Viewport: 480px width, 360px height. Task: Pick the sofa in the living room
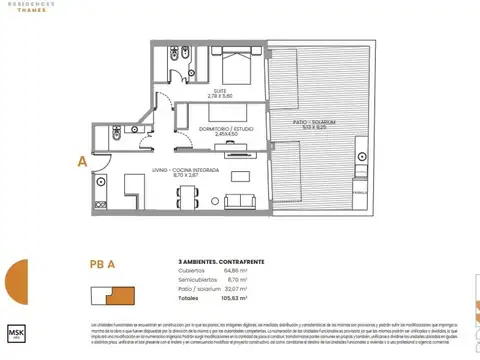pos(241,200)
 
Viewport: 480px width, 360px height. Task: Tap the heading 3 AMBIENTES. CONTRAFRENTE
pos(208,262)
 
